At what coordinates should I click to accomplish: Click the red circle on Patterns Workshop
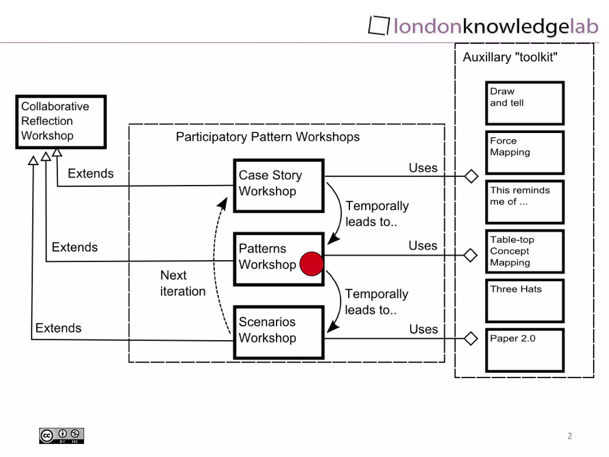pos(311,264)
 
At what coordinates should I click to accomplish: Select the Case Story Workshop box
pos(279,186)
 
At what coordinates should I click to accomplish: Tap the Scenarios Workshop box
pos(279,332)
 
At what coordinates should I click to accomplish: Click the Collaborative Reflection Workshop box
pos(61,122)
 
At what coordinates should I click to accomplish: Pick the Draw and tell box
pos(525,103)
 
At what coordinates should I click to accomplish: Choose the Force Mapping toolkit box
pos(525,152)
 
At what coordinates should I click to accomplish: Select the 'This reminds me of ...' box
pos(525,202)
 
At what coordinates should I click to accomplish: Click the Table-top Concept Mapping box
pos(525,251)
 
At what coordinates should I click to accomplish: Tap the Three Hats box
pos(525,301)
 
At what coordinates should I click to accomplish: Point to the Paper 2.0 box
pos(525,350)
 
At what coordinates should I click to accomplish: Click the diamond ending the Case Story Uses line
pos(471,176)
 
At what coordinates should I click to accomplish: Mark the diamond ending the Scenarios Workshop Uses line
pos(470,339)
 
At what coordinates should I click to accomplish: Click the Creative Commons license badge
pos(62,436)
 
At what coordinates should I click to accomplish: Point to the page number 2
pos(569,436)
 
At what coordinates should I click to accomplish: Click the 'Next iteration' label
pos(183,283)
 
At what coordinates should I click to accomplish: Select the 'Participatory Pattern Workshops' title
pos(268,137)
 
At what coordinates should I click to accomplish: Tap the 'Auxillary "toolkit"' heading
pos(510,57)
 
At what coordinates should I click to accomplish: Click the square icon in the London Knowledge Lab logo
pos(379,26)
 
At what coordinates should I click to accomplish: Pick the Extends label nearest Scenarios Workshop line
pos(58,328)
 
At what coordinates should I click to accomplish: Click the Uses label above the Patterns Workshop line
pos(423,246)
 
